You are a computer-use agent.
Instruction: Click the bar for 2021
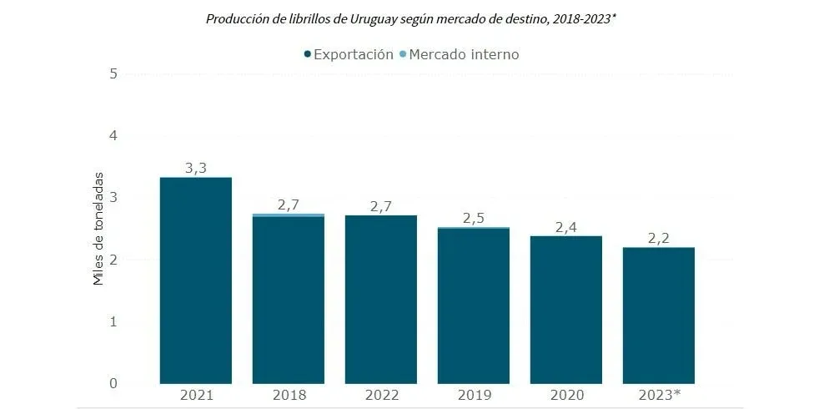(195, 280)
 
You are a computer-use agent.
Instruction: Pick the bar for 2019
(474, 305)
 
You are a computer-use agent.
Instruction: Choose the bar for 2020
(566, 310)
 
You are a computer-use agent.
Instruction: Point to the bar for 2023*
(659, 316)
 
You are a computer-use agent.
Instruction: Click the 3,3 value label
(195, 168)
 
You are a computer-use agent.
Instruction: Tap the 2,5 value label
(474, 219)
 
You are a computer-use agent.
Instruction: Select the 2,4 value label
(566, 226)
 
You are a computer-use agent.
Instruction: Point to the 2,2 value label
(659, 238)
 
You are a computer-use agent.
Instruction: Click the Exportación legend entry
(349, 54)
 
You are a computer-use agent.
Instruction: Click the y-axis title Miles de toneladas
(98, 228)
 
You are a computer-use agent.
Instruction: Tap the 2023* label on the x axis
(659, 395)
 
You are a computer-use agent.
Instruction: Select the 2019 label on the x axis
(474, 395)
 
